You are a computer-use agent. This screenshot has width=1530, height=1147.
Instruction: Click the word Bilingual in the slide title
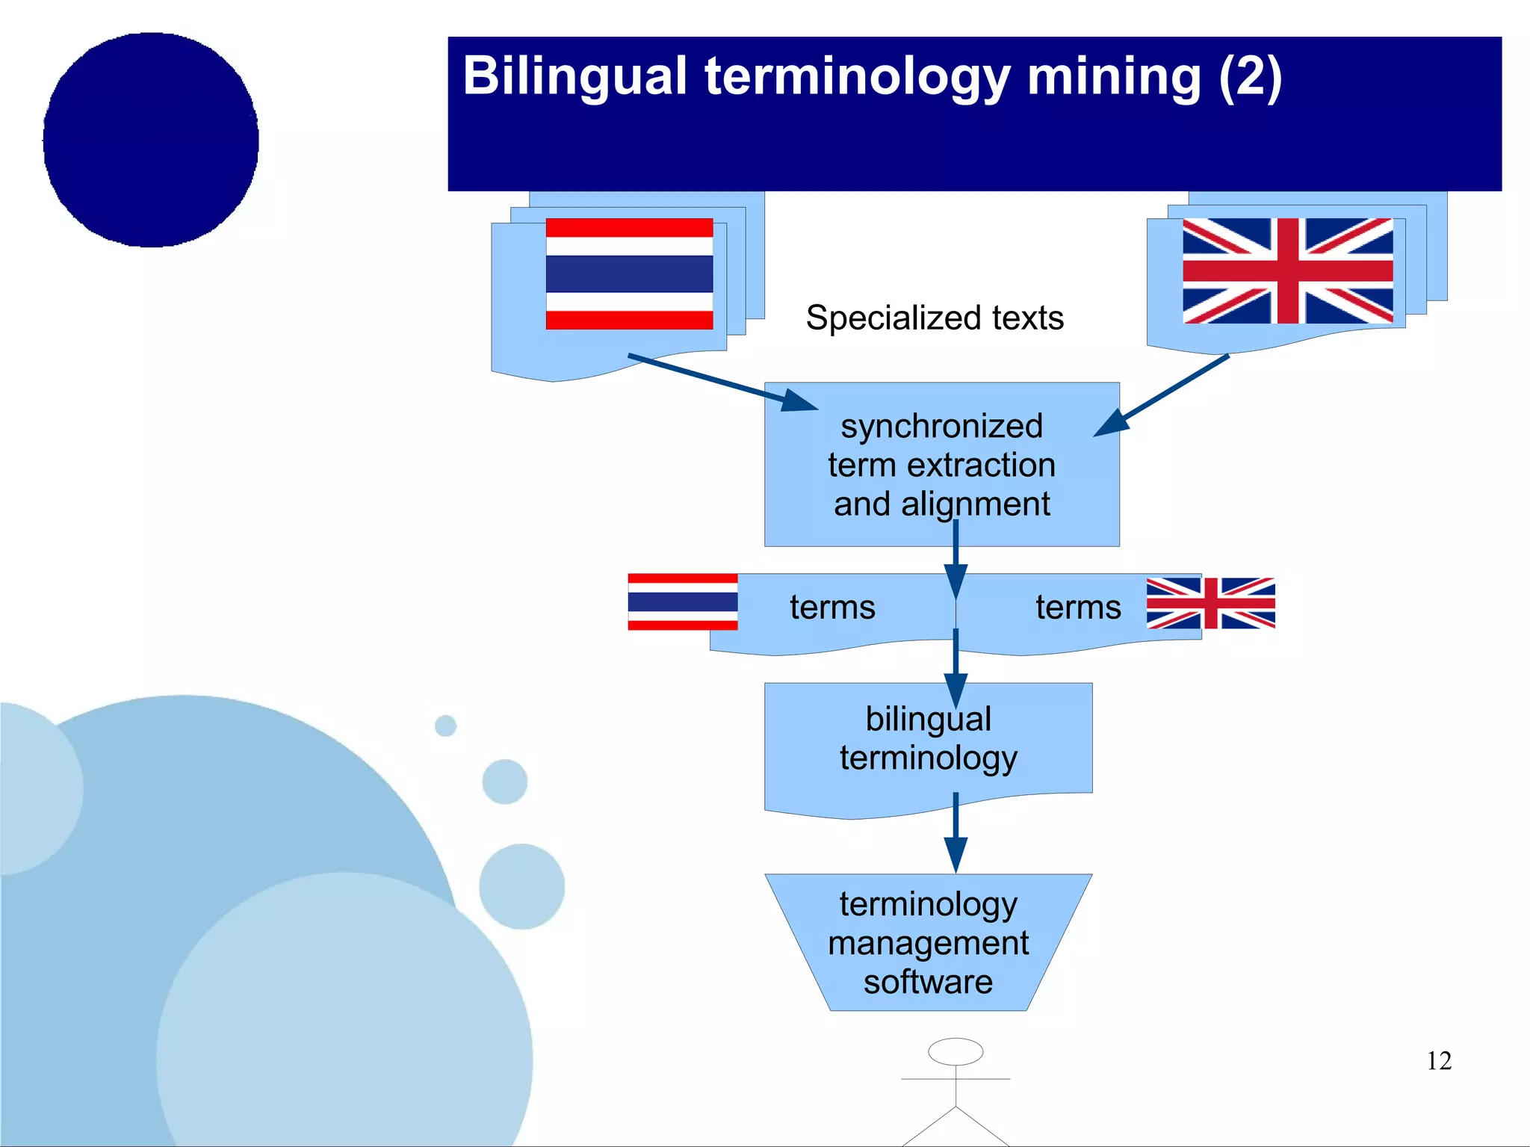point(574,77)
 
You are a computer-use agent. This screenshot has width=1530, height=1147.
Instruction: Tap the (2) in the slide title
point(1249,77)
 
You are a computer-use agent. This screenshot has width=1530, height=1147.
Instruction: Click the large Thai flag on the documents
point(629,273)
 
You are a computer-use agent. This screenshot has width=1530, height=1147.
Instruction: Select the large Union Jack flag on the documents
point(1287,270)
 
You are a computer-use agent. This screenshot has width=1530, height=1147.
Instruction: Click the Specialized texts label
point(935,318)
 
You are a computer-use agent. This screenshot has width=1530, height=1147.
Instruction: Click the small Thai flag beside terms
point(682,602)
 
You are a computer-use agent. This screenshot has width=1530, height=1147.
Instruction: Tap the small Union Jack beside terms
point(1210,603)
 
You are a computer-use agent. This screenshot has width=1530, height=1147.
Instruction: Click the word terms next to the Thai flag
point(832,607)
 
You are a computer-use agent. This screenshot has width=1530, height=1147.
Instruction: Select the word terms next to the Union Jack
point(1078,607)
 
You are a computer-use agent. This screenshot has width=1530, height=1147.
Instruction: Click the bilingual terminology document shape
point(928,740)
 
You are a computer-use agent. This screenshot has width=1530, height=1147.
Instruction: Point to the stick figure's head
point(956,1051)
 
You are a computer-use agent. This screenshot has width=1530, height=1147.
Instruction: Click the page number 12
point(1439,1061)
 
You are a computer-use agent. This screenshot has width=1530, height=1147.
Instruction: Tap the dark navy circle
point(151,140)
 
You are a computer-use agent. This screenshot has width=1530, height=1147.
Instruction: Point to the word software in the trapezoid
point(928,982)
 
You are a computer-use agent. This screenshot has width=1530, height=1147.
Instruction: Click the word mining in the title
point(1113,77)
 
